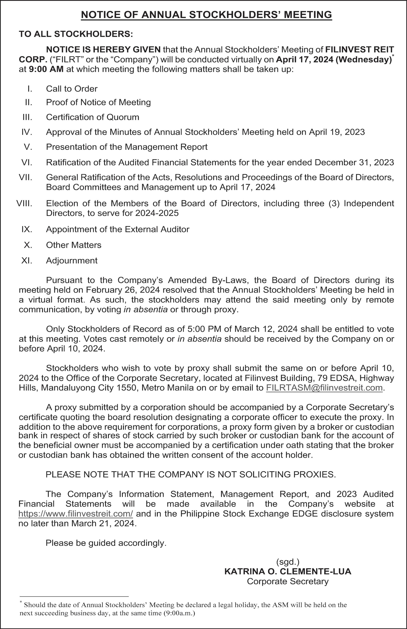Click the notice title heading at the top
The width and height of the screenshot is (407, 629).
click(206, 15)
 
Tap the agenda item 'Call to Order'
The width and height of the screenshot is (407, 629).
click(72, 89)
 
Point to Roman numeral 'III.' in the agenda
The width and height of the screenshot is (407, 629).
click(27, 117)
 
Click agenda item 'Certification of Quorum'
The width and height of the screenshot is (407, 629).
click(93, 117)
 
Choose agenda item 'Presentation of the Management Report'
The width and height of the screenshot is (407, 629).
click(127, 147)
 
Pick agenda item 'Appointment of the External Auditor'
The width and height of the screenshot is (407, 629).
click(118, 229)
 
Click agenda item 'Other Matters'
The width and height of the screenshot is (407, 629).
click(74, 245)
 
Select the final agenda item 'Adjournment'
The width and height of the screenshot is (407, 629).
click(72, 261)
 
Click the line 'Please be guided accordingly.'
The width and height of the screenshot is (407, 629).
click(106, 543)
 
